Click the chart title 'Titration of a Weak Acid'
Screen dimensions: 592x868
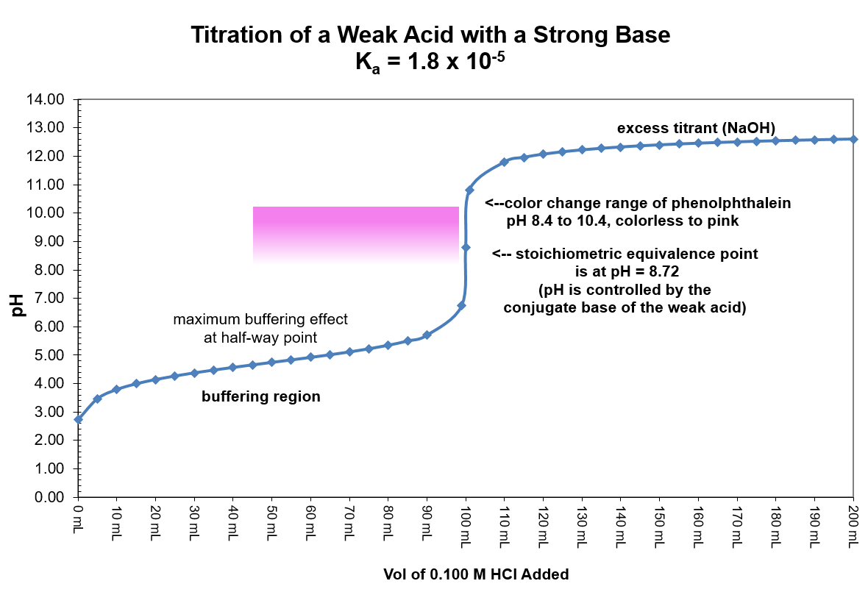(430, 35)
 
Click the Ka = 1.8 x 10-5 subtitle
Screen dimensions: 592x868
(430, 63)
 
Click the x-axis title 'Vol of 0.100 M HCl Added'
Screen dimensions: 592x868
(476, 574)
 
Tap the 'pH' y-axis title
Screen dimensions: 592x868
(18, 303)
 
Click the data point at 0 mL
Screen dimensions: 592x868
(78, 419)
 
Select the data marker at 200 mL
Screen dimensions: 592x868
(853, 139)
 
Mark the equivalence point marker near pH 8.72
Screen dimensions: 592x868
(466, 247)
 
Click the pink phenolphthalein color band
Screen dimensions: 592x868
(355, 234)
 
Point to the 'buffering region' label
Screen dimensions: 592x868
(261, 397)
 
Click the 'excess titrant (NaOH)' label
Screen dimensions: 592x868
(696, 128)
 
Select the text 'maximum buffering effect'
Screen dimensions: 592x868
(260, 320)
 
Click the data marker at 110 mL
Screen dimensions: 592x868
(504, 162)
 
